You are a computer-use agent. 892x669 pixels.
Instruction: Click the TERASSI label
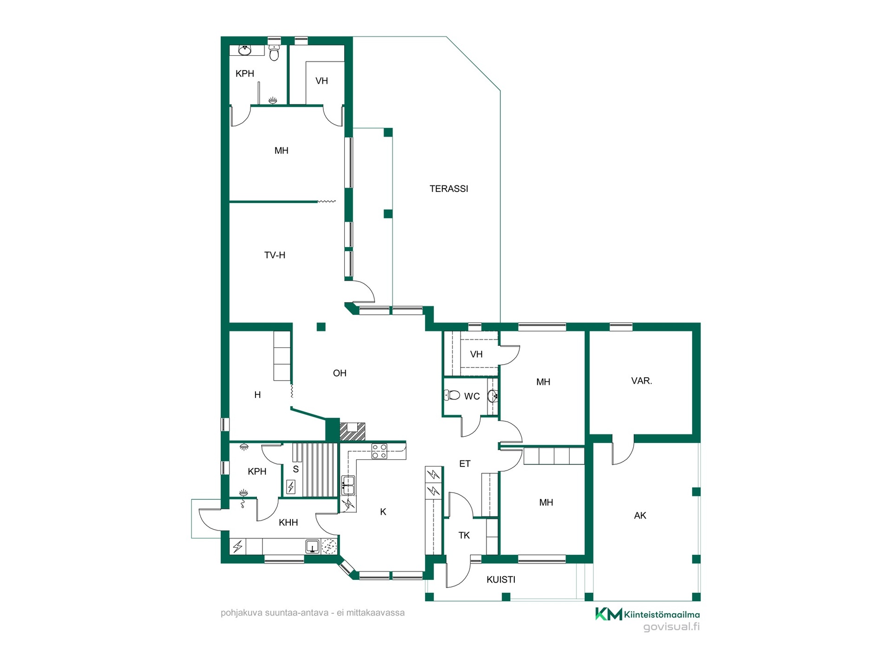pyautogui.click(x=448, y=189)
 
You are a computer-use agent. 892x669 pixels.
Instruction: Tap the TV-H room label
pyautogui.click(x=275, y=255)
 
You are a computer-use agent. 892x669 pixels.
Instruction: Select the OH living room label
pyautogui.click(x=340, y=373)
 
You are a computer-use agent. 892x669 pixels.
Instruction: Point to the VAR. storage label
pyautogui.click(x=641, y=381)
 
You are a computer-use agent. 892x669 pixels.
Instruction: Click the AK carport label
pyautogui.click(x=640, y=515)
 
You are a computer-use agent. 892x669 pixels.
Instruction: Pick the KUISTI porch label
pyautogui.click(x=501, y=579)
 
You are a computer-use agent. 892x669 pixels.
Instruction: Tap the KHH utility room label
pyautogui.click(x=288, y=523)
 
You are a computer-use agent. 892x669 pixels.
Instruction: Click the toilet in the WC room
pyautogui.click(x=452, y=395)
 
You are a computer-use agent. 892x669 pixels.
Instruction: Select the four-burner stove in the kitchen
pyautogui.click(x=379, y=451)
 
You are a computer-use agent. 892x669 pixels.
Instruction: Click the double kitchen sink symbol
pyautogui.click(x=348, y=485)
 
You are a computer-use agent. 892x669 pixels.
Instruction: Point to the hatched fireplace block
pyautogui.click(x=352, y=432)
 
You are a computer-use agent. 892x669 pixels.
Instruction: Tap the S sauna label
pyautogui.click(x=295, y=469)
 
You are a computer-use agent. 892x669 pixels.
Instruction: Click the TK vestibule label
pyautogui.click(x=464, y=535)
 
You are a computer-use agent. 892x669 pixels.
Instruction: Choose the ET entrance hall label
pyautogui.click(x=465, y=464)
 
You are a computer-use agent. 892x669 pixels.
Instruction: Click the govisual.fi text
pyautogui.click(x=671, y=627)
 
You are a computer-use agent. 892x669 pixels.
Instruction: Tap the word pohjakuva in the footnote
pyautogui.click(x=241, y=613)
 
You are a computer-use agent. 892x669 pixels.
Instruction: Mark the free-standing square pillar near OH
pyautogui.click(x=321, y=327)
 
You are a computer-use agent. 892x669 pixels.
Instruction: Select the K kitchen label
pyautogui.click(x=383, y=512)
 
